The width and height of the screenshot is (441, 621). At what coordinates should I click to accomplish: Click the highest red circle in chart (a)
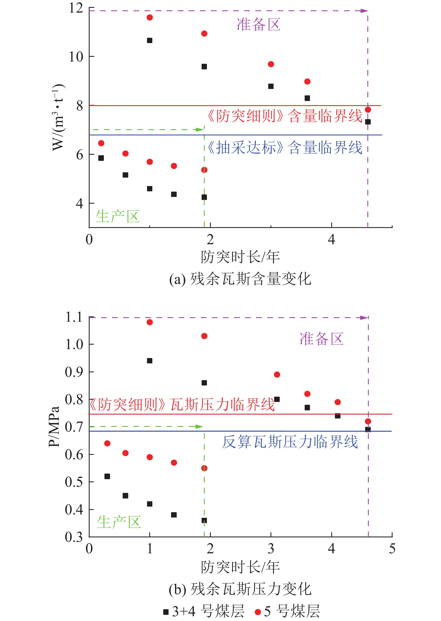(150, 18)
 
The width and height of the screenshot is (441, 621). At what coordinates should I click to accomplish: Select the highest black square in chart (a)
(150, 41)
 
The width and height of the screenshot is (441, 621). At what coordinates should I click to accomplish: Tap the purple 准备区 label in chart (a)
(258, 24)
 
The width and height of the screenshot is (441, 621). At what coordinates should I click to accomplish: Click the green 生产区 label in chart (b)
(119, 522)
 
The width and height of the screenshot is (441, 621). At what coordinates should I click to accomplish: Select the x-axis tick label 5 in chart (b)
(392, 549)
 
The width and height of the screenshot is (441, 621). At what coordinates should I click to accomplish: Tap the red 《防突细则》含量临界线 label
(284, 116)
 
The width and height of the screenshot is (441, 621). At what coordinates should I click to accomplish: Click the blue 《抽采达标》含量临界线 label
(284, 148)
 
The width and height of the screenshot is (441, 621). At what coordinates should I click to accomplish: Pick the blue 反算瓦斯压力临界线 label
(290, 442)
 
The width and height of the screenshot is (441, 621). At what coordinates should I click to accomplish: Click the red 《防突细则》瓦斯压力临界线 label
(182, 404)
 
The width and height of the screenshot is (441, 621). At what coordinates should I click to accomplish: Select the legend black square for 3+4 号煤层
(166, 612)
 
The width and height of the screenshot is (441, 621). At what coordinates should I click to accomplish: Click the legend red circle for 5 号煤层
(258, 612)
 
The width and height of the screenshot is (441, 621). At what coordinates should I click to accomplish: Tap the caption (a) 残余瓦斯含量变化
(240, 279)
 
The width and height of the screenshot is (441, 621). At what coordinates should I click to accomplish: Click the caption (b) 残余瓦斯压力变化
(240, 589)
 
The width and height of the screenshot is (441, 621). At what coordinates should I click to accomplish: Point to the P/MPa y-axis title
(54, 427)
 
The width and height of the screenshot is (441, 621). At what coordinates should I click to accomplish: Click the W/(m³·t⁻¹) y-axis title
(58, 117)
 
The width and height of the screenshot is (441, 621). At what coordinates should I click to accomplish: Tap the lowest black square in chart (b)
(204, 520)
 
